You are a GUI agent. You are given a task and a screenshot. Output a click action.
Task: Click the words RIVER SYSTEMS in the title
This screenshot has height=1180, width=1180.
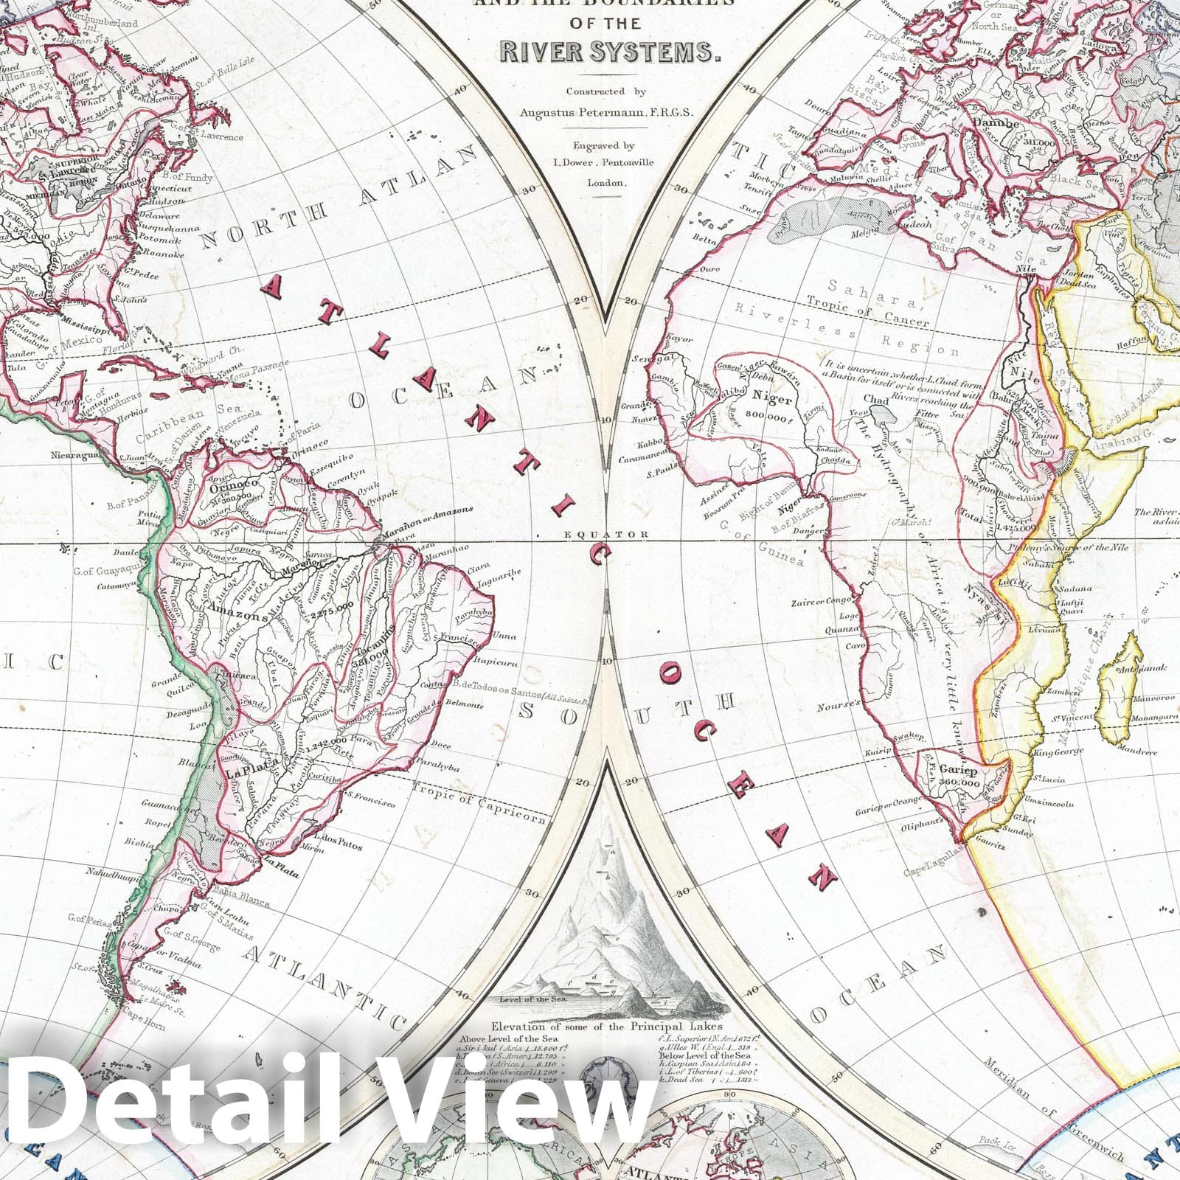pyautogui.click(x=608, y=51)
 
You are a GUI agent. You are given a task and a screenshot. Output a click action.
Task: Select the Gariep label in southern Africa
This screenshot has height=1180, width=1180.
pyautogui.click(x=959, y=771)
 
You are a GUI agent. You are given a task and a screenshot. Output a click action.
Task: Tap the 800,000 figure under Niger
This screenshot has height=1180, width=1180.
pyautogui.click(x=771, y=415)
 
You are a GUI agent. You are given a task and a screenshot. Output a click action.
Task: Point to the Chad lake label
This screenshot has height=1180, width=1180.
pyautogui.click(x=876, y=399)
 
